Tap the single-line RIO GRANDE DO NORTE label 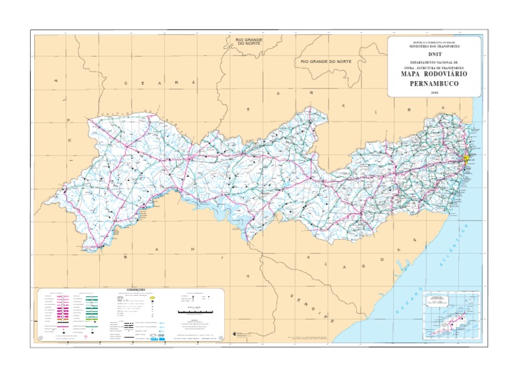[326, 62]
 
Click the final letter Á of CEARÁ [195, 82]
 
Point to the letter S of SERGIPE [292, 295]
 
